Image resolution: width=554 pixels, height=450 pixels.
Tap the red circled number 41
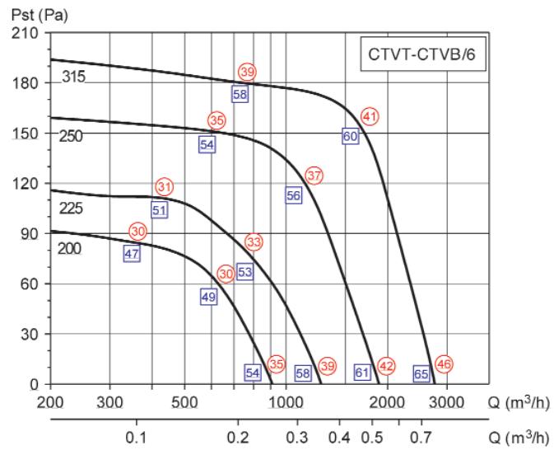(x=370, y=116)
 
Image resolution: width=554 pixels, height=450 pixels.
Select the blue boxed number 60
(x=350, y=136)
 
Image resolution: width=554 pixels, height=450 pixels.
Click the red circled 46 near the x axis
(x=444, y=363)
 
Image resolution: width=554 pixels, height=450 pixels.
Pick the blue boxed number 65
(x=421, y=373)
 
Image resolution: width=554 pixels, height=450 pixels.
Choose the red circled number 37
(x=314, y=176)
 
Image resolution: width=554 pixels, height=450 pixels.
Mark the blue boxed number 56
(x=294, y=195)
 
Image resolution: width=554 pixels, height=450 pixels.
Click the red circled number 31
(x=165, y=187)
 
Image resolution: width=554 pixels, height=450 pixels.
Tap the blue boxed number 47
(x=131, y=254)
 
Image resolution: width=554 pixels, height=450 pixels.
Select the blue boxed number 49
(x=208, y=297)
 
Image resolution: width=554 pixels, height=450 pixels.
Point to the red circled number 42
(x=386, y=366)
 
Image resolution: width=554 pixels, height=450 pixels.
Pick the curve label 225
(x=72, y=209)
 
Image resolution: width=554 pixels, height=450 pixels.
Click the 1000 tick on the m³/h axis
(x=285, y=401)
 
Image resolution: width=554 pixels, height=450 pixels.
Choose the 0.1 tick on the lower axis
(x=136, y=435)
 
